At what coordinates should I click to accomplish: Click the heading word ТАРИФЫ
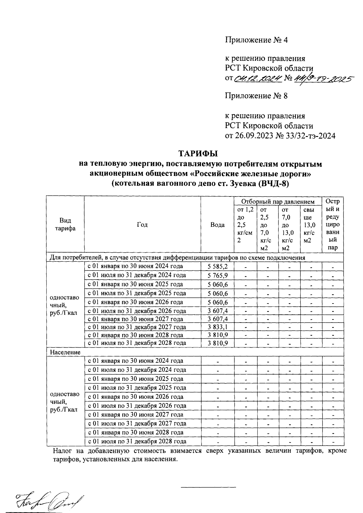(198, 154)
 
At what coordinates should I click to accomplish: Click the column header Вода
(217, 225)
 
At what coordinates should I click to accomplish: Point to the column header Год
(142, 225)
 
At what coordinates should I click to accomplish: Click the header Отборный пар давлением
(278, 201)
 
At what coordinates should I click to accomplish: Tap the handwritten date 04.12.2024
(257, 79)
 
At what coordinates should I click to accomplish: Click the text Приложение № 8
(256, 96)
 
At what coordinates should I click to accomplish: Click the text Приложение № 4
(256, 40)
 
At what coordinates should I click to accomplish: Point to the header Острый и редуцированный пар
(332, 225)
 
